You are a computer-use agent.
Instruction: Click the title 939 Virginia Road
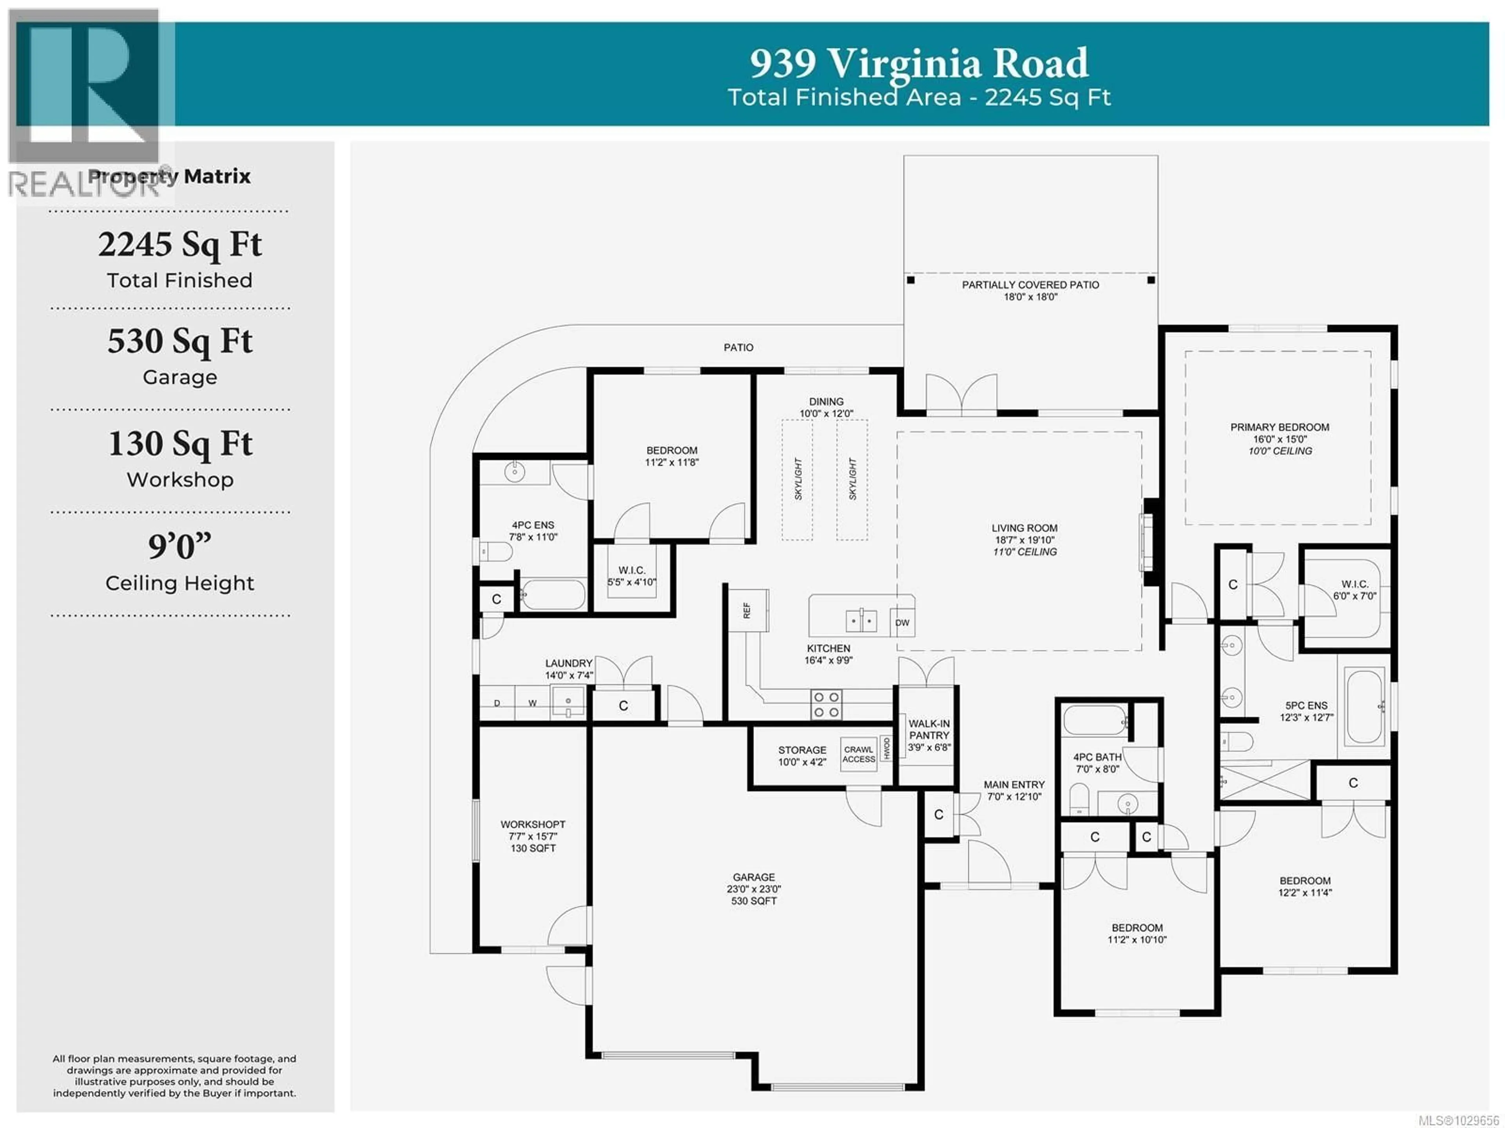point(919,63)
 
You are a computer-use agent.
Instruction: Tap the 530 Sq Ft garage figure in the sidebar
point(180,341)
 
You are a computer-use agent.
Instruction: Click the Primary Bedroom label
point(1279,438)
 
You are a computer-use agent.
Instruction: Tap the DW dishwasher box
point(902,622)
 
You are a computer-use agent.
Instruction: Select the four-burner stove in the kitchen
point(826,704)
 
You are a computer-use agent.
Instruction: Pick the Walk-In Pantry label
point(929,735)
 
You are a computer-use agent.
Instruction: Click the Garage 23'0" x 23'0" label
point(753,889)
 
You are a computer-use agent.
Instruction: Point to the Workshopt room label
point(533,836)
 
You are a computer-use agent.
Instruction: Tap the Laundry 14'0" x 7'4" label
point(569,669)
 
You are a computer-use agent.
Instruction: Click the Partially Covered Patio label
point(1030,290)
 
